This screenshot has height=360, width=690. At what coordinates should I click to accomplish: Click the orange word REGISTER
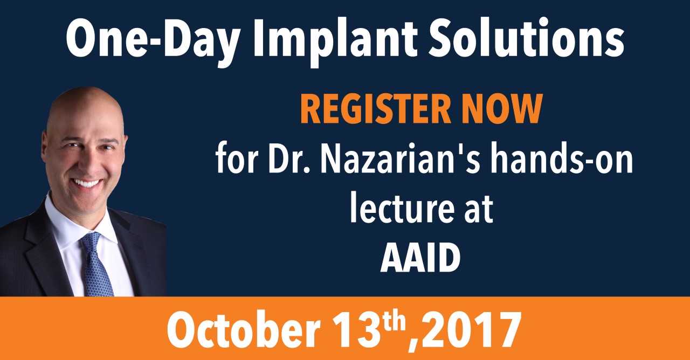[x=376, y=109]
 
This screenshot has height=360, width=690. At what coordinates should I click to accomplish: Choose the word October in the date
[x=243, y=329]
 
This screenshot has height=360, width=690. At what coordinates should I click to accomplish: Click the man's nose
[x=89, y=163]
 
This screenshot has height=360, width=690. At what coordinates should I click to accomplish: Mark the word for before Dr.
[x=237, y=158]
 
